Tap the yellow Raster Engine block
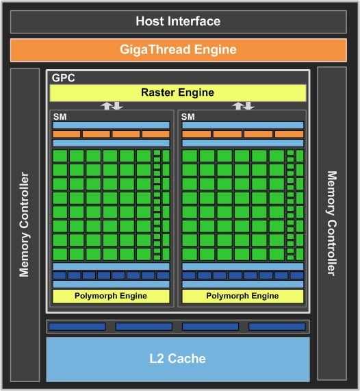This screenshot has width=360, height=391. (x=177, y=92)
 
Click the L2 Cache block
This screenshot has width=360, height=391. (x=177, y=359)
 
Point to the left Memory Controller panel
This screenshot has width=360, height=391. (x=25, y=224)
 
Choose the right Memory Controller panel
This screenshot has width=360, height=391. (x=333, y=224)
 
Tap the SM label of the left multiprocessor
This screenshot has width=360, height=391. (x=60, y=116)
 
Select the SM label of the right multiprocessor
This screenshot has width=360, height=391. (x=188, y=116)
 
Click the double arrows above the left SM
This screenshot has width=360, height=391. (x=112, y=105)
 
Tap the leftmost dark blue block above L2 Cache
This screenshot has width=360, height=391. (x=77, y=327)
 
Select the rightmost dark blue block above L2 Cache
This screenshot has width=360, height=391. (x=277, y=327)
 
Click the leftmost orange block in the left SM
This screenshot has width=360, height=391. (x=66, y=134)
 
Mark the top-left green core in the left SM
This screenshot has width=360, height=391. (x=60, y=156)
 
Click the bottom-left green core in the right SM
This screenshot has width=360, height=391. (x=190, y=254)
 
